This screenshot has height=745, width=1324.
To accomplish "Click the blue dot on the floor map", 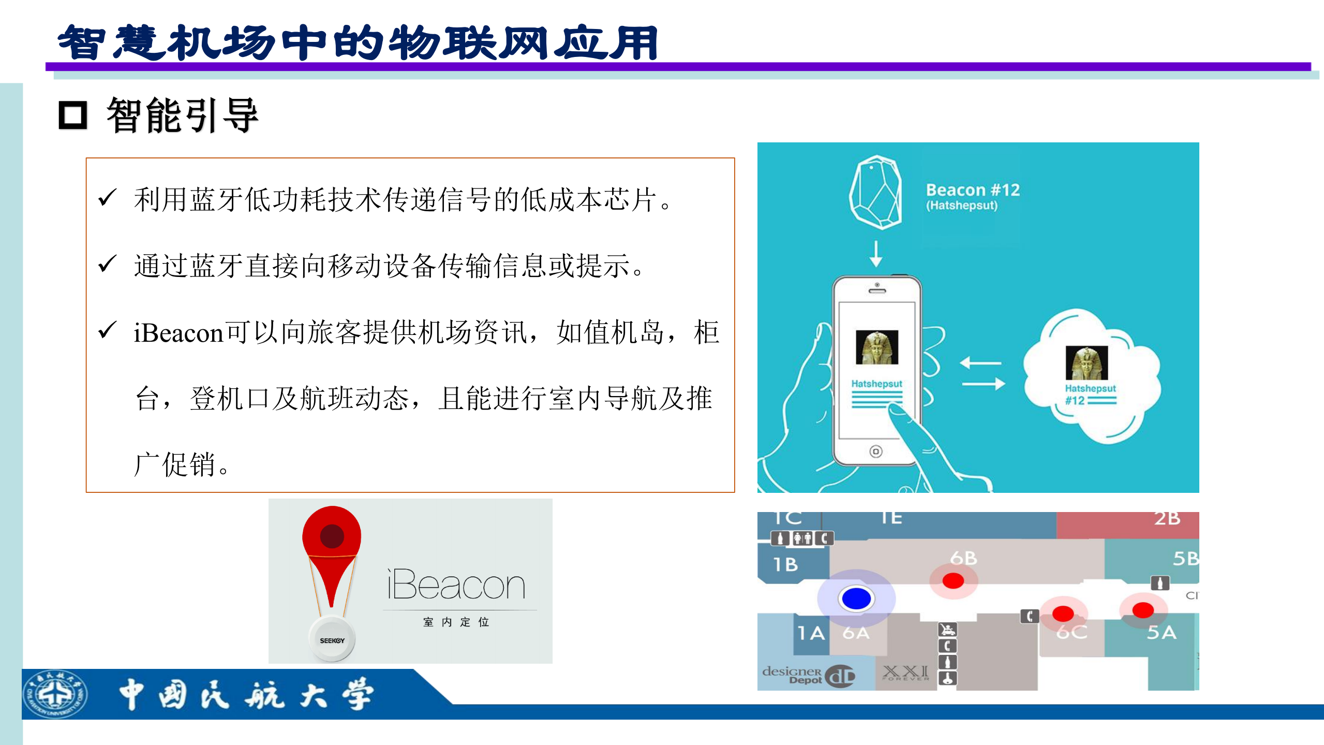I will click(x=856, y=598).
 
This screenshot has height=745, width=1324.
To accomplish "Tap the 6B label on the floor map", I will click(x=963, y=558).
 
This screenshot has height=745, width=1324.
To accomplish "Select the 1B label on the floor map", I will click(x=785, y=564).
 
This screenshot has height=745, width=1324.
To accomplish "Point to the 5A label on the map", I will click(x=1162, y=633).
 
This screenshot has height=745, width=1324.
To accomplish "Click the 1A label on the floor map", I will click(x=811, y=633).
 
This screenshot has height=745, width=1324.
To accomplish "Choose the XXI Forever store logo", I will click(x=905, y=673).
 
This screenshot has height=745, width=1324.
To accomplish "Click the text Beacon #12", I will click(x=973, y=190).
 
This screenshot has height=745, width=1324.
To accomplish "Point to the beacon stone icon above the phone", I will click(x=875, y=192).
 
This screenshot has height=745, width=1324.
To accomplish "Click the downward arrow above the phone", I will click(x=876, y=253).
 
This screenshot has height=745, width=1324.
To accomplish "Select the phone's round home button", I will click(x=876, y=451).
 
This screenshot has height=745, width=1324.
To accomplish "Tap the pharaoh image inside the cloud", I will click(x=1087, y=363).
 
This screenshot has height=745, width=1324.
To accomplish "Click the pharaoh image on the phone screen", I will click(x=877, y=347).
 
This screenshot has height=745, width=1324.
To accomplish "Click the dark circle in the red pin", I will click(x=332, y=536).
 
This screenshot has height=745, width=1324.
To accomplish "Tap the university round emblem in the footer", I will click(x=56, y=694).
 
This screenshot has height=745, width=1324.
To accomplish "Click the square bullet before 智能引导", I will click(x=73, y=115).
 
